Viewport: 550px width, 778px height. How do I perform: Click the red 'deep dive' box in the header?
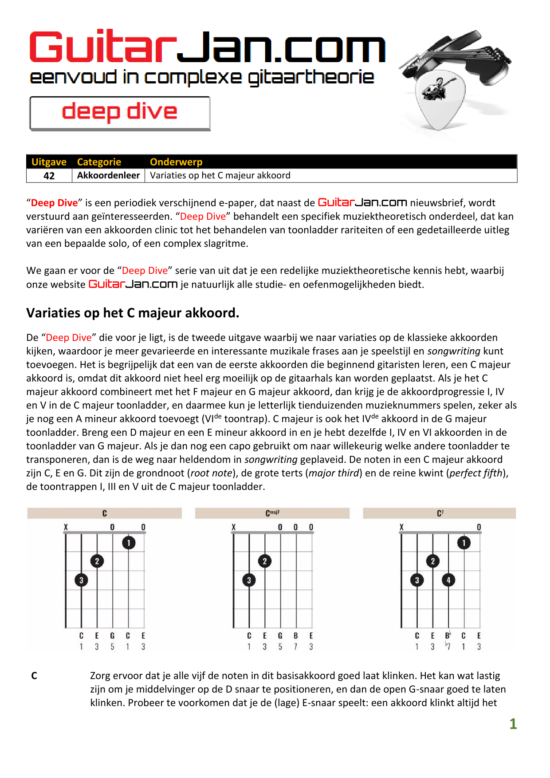pos(120,113)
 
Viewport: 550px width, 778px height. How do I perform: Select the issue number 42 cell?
pos(49,176)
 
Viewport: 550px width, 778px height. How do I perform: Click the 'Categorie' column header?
pos(99,162)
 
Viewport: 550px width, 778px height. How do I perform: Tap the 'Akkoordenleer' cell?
pos(108,175)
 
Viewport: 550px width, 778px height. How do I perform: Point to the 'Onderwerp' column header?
pos(176,162)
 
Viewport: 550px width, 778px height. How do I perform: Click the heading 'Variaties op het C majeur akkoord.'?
pos(133,313)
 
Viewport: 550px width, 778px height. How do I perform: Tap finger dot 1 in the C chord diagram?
pos(129,543)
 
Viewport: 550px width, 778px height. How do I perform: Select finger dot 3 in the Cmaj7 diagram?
pos(249,580)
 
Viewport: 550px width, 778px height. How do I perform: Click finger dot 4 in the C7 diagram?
pos(448,580)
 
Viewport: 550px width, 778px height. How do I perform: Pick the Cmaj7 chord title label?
pos(272,513)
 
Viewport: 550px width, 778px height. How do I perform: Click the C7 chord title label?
pos(440,513)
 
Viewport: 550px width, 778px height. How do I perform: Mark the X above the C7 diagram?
pos(401,527)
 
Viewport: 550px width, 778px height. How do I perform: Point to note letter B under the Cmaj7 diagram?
pos(296,636)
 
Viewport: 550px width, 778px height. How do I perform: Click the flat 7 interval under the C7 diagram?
pos(448,646)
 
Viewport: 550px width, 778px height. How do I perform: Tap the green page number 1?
pos(513,724)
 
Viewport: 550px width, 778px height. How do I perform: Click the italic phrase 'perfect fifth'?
pos(476,473)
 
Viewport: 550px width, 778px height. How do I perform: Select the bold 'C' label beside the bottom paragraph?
pos(34,675)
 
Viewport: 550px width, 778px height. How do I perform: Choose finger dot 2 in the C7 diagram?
pos(433,561)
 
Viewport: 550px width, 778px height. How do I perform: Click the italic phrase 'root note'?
pos(211,473)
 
